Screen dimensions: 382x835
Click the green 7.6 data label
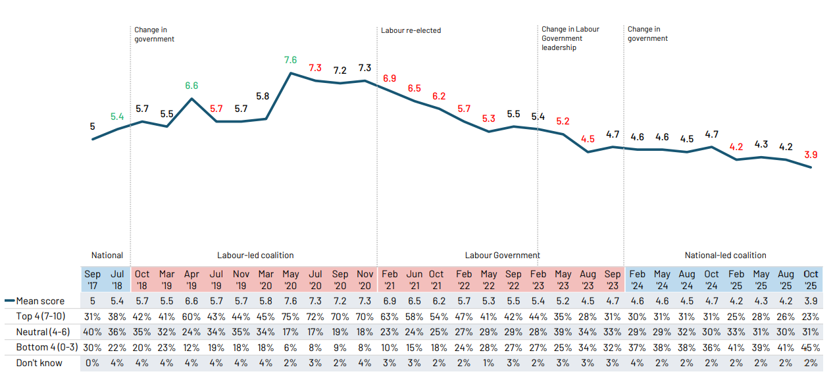290,60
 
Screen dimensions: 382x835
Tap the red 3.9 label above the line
811,155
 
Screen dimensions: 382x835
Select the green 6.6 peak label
191,86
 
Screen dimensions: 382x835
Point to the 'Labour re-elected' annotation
411,30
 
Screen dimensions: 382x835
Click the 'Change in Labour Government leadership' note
570,38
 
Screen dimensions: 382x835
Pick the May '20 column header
290,279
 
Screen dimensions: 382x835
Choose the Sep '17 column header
93,279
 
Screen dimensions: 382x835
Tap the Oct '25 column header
811,279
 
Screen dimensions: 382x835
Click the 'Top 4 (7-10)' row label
41,317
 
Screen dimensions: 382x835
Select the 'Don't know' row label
39,363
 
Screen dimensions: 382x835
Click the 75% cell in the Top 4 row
290,317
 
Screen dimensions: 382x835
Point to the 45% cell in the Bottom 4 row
811,347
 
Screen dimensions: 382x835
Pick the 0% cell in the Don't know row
93,363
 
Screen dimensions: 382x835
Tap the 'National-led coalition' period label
725,256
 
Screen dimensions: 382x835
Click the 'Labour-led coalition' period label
255,256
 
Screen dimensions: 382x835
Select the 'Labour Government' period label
502,256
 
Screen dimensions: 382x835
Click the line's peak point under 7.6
290,72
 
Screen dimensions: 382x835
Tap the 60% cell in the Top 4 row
191,317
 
